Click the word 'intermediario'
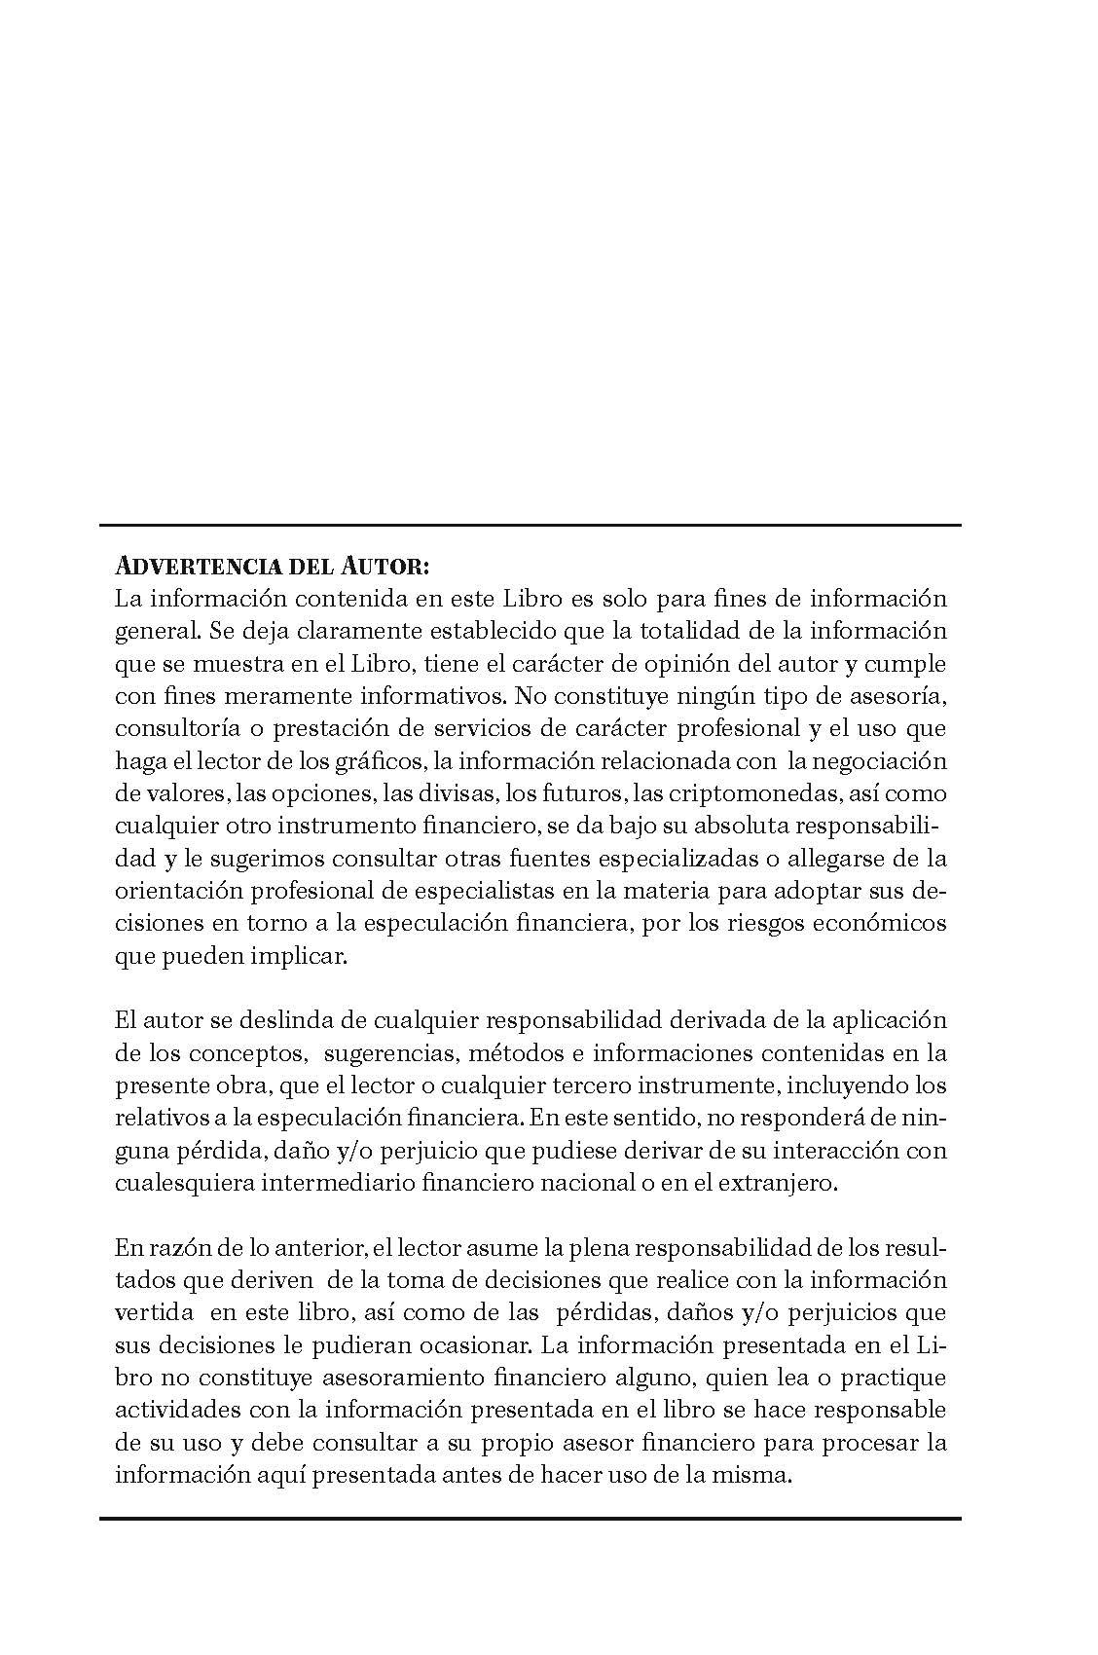[343, 1184]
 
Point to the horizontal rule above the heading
[530, 526]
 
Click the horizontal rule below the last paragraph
[530, 1518]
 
